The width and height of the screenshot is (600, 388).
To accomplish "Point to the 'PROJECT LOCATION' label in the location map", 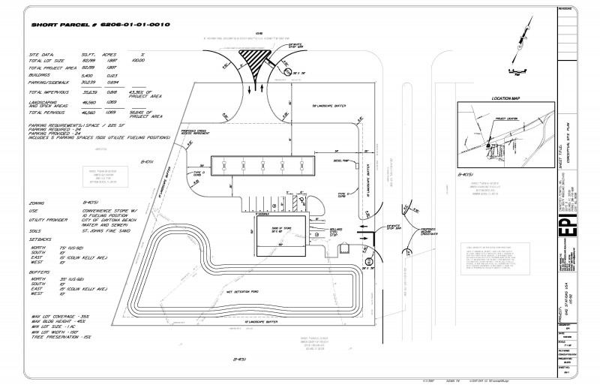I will click(504, 119).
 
